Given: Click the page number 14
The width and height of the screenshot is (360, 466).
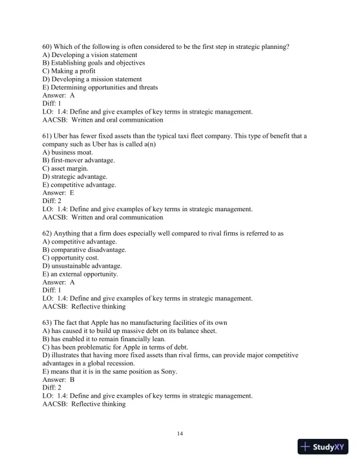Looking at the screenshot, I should click(180, 434).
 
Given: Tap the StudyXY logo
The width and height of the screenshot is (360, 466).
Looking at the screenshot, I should click(325, 447).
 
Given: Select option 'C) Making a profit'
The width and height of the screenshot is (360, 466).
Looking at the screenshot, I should click(69, 71).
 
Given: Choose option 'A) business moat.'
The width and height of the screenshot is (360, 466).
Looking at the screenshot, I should click(68, 152).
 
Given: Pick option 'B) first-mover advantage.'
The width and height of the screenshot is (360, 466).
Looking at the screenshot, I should click(79, 161).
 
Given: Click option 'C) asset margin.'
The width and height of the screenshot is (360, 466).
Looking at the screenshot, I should click(66, 169).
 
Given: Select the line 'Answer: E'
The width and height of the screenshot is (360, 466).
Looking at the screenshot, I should click(59, 192).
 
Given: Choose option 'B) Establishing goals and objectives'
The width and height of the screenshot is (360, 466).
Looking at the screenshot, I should click(94, 63).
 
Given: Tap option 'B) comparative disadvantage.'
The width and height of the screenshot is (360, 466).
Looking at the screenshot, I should click(85, 250).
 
